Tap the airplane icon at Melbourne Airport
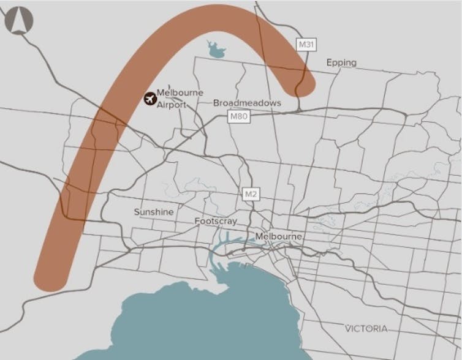pos(150,98)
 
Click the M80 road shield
pos(239,116)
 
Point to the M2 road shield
pos(251,193)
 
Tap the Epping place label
pos(341,63)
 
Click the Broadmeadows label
pos(247,103)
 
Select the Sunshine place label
pos(154,212)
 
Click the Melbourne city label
pos(279,236)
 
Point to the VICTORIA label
pos(366,329)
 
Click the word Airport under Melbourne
pos(172,105)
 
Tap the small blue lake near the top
pos(216,50)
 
